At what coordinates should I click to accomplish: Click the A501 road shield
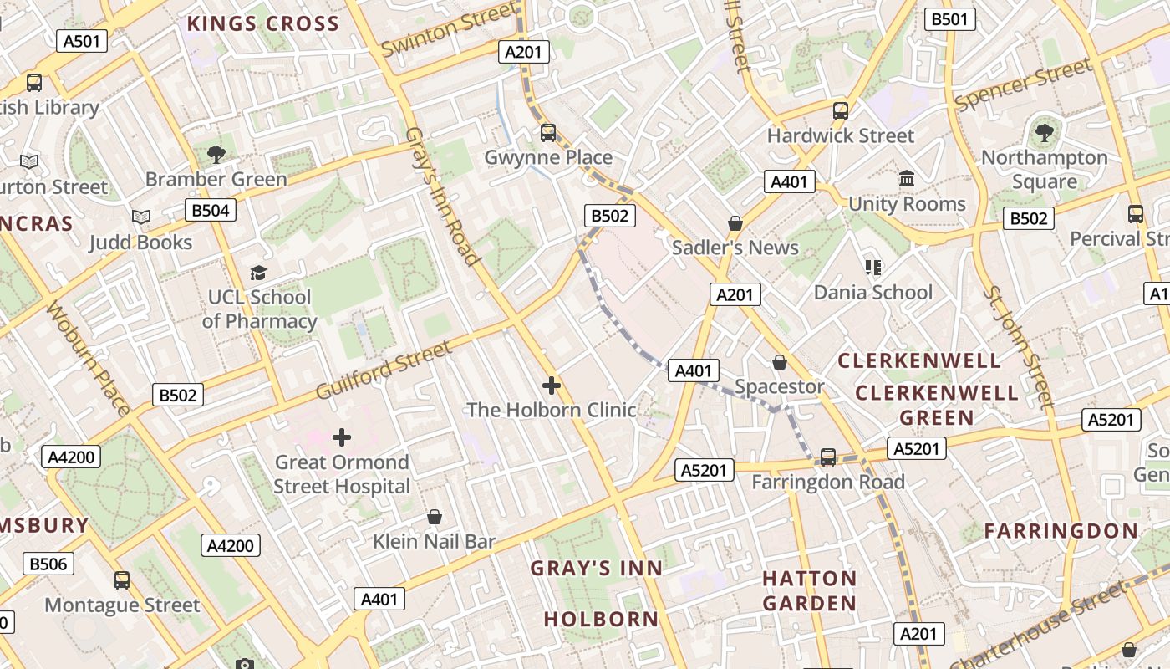(81, 41)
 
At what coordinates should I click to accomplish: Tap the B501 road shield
(950, 19)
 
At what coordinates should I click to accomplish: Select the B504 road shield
(210, 210)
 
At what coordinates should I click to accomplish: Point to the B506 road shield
(48, 564)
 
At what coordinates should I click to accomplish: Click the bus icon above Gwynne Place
(548, 132)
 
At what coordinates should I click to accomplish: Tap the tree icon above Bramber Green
(216, 154)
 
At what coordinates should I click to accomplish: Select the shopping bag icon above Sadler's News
(735, 222)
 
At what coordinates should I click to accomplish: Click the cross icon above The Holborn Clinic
(552, 386)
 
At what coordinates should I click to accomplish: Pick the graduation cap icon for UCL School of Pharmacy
(259, 273)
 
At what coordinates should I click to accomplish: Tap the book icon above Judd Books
(141, 217)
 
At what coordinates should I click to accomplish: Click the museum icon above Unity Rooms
(907, 179)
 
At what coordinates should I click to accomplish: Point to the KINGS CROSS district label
(262, 23)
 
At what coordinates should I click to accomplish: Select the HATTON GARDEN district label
(809, 590)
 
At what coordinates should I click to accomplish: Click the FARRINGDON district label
(1061, 530)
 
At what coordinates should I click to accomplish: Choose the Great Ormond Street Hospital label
(342, 474)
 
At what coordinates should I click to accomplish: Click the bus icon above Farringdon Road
(828, 457)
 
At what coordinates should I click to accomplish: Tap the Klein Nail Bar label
(434, 541)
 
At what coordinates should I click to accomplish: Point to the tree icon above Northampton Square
(1044, 132)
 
